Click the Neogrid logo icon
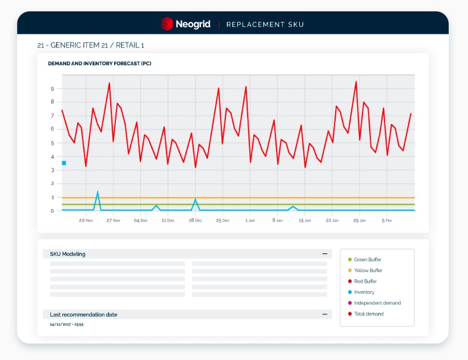167,24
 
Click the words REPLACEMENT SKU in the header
265,24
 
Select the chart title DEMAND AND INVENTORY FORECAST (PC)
100,64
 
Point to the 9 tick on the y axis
52,89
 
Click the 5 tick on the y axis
52,143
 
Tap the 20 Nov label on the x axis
86,220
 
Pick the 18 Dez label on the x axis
195,220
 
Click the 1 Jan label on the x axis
250,220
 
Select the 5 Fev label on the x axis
387,220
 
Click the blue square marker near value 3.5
64,163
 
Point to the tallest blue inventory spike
98,191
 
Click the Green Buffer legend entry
365,259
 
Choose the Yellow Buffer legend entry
365,270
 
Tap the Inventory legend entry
361,292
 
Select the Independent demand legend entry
374,303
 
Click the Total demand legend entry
366,314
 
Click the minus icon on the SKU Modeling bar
325,254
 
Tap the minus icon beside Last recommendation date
325,315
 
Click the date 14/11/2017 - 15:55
66,324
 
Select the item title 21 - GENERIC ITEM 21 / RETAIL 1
91,45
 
